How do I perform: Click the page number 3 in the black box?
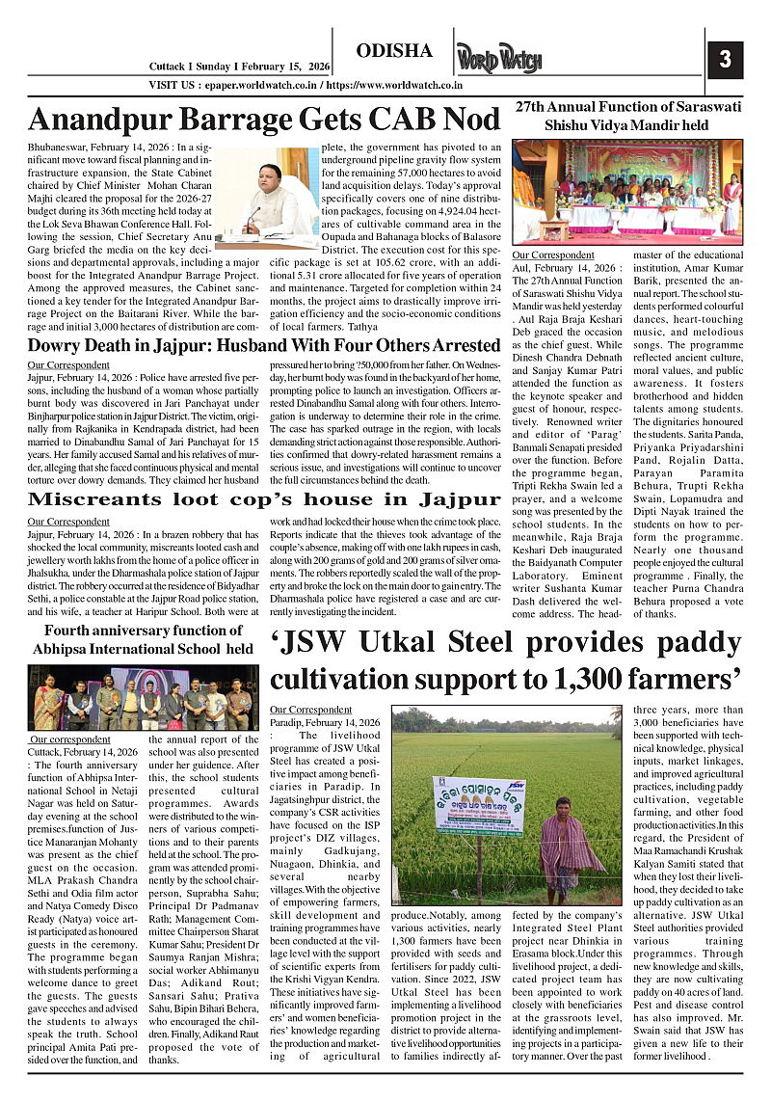[x=725, y=60]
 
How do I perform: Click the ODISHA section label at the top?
[x=394, y=51]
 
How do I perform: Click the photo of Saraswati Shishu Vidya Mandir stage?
[x=627, y=191]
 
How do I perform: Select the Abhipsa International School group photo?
[x=144, y=697]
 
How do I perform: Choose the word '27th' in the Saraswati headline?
[x=534, y=106]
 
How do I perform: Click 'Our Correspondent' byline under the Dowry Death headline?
[x=68, y=364]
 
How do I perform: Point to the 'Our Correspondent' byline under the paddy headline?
[x=311, y=710]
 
